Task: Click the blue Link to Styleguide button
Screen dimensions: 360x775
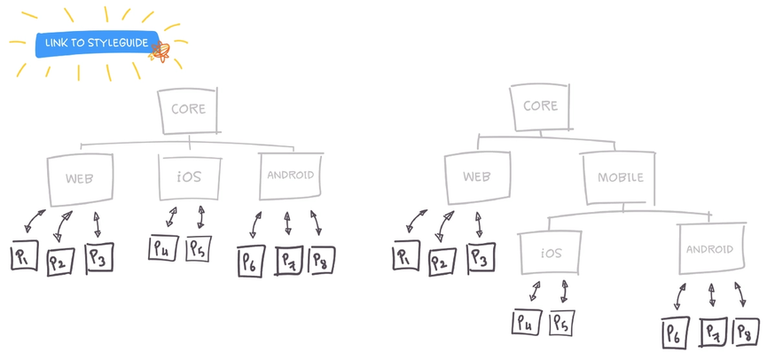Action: pyautogui.click(x=93, y=43)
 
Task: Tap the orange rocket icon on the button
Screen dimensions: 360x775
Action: pyautogui.click(x=161, y=50)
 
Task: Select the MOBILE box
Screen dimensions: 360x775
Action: pyautogui.click(x=620, y=177)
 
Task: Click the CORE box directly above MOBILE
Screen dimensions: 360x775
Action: pyautogui.click(x=539, y=106)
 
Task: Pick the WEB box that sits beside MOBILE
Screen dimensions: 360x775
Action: pyautogui.click(x=477, y=177)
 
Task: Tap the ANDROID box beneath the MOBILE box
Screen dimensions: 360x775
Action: pyautogui.click(x=709, y=249)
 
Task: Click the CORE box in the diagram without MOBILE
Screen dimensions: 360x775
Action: pyautogui.click(x=188, y=109)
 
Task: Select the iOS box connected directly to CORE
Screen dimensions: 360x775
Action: pyautogui.click(x=188, y=176)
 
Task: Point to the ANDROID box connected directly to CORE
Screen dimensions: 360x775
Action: pyautogui.click(x=290, y=175)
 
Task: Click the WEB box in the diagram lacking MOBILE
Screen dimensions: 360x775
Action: pyautogui.click(x=79, y=177)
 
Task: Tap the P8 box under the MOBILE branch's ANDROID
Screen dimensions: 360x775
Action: pyautogui.click(x=746, y=333)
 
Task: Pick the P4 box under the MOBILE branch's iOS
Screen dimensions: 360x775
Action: pyautogui.click(x=525, y=322)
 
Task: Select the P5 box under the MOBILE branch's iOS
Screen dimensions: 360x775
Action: pyautogui.click(x=561, y=323)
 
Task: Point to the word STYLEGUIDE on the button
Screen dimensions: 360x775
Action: pyautogui.click(x=117, y=43)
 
